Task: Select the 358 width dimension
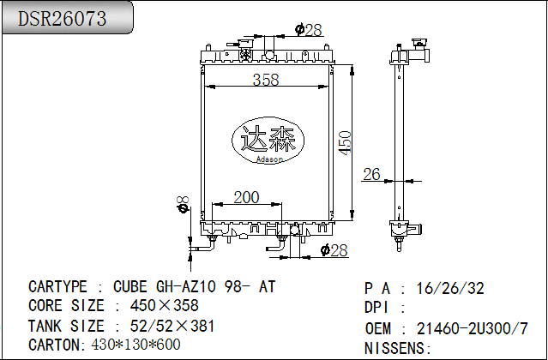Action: point(267,80)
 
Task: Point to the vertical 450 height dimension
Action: point(345,141)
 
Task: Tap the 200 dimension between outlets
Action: point(246,197)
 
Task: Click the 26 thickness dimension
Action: point(370,174)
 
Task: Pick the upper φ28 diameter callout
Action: point(308,30)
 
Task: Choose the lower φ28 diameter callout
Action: point(333,250)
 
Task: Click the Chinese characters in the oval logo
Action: point(268,140)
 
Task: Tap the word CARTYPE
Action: point(57,287)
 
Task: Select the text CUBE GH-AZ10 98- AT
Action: point(195,287)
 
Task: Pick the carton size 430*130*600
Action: point(135,345)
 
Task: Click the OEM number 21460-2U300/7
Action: point(472,328)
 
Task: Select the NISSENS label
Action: point(397,347)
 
